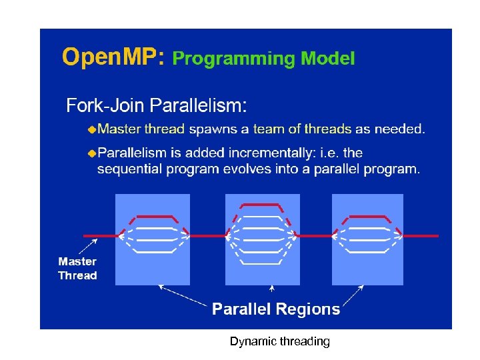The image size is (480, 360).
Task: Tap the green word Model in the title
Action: (328, 59)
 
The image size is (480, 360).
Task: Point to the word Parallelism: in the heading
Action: (198, 105)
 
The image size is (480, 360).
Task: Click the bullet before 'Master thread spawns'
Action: (92, 128)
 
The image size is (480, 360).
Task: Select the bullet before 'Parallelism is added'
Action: (92, 153)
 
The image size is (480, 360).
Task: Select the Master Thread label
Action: (77, 269)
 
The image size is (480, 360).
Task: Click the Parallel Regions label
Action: (276, 309)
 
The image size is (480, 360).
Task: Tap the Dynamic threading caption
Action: (279, 341)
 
